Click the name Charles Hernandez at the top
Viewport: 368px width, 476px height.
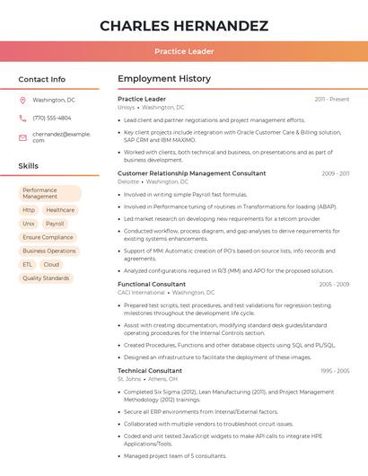[184, 25]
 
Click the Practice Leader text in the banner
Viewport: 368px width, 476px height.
[184, 52]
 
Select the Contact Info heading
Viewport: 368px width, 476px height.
[42, 79]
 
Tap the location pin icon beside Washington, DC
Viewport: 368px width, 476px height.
[23, 100]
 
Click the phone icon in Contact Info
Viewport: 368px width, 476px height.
[23, 118]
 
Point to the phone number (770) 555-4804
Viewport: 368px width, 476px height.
[52, 118]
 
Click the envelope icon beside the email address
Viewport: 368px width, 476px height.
[23, 137]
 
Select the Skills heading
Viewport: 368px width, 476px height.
[29, 166]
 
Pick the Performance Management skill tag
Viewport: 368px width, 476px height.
[49, 193]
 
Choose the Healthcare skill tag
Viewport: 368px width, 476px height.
[60, 210]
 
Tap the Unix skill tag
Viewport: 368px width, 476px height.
[29, 224]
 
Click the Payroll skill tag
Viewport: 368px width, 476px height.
[55, 224]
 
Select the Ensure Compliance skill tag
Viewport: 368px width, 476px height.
[48, 237]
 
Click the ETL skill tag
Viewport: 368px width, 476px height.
[28, 264]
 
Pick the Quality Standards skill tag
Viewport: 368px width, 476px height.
[46, 278]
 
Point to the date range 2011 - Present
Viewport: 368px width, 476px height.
[332, 99]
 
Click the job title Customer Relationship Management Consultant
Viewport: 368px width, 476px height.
[192, 173]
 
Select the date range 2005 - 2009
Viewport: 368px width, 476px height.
[334, 285]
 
